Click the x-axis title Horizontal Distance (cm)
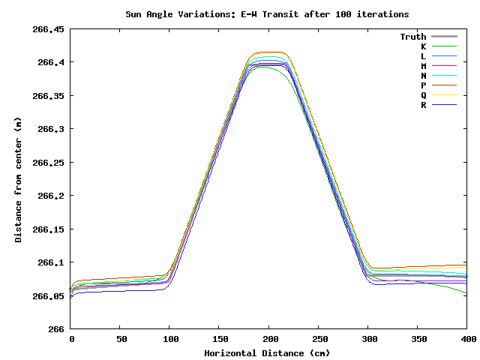[268, 352]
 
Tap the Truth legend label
[412, 37]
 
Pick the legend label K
[423, 46]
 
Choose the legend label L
[423, 56]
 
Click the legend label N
[423, 76]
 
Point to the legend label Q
[423, 95]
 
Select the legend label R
[423, 105]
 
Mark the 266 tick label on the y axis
[56, 329]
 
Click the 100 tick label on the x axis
[170, 340]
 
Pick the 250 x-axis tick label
[319, 340]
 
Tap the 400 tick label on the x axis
[467, 340]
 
